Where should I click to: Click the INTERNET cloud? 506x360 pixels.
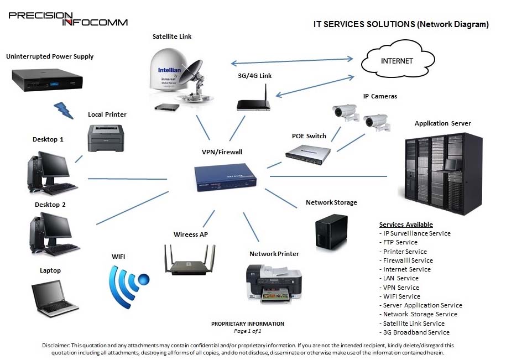398,60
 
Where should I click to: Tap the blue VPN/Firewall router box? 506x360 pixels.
225,177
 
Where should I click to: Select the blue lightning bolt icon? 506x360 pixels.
64,110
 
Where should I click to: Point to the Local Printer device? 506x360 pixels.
106,138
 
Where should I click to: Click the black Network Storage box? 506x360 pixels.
331,232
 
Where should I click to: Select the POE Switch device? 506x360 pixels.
308,155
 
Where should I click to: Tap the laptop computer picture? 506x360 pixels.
55,298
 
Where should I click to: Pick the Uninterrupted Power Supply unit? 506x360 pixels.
48,80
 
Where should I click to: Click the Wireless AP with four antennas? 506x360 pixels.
190,260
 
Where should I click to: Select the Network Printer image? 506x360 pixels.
274,284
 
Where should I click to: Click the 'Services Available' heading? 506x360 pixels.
406,225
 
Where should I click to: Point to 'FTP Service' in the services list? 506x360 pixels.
400,242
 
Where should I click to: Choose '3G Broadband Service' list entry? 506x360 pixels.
416,332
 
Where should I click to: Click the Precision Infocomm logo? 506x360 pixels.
68,19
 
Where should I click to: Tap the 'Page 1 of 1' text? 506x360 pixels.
248,331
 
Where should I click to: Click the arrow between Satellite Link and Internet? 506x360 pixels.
292,61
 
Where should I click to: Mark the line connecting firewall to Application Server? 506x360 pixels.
328,176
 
